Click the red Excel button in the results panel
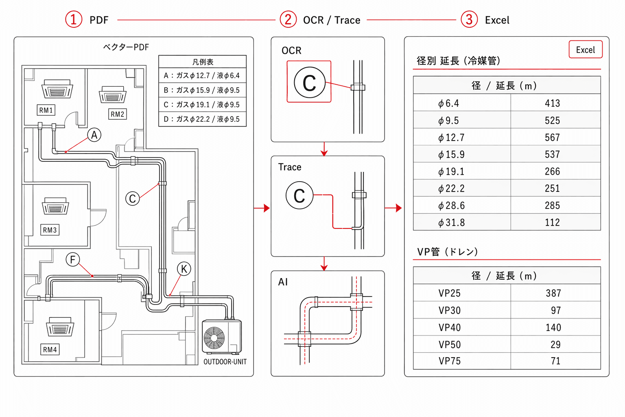tap(586, 49)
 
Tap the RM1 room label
tap(46, 110)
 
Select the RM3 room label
tap(50, 230)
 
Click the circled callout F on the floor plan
tap(73, 259)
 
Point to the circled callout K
tap(184, 269)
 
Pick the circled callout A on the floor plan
tap(94, 135)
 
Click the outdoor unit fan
tap(214, 338)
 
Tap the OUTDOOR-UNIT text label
tap(225, 362)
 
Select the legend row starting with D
tap(202, 119)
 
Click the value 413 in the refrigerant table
tap(552, 103)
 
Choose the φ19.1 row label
tap(451, 171)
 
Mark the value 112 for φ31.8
tap(552, 223)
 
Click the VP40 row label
tap(449, 327)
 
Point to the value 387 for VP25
tap(553, 293)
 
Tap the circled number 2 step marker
tap(288, 20)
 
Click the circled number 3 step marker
tap(469, 20)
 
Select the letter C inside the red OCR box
tap(309, 83)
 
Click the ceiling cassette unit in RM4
tap(60, 327)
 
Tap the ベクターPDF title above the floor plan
tap(126, 47)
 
